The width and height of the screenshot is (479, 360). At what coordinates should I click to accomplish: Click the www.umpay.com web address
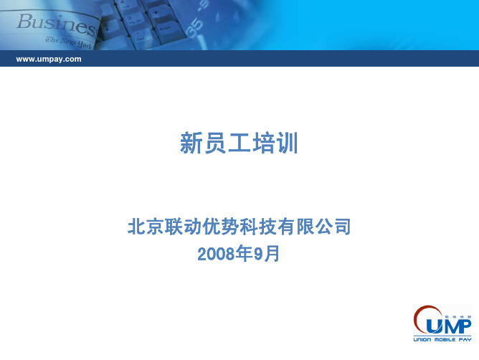[49, 59]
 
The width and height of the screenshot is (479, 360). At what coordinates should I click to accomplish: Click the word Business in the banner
[56, 24]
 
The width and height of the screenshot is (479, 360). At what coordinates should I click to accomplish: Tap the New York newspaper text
[69, 43]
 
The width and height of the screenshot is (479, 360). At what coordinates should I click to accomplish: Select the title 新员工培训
[239, 143]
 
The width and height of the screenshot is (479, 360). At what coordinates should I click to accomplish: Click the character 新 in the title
[191, 143]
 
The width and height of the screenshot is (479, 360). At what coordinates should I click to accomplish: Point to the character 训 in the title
[287, 143]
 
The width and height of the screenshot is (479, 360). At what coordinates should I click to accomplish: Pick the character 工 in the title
[239, 143]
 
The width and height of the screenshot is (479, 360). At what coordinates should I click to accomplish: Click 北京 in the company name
[146, 227]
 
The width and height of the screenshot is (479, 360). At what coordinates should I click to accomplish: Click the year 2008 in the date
[217, 254]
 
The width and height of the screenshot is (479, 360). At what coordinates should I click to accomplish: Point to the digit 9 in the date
[258, 254]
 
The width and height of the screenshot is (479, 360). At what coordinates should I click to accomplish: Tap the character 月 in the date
[272, 254]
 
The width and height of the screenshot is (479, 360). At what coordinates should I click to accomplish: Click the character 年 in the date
[245, 254]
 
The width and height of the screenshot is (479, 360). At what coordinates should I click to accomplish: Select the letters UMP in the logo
[449, 326]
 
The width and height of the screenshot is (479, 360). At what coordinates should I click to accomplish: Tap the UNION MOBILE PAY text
[442, 339]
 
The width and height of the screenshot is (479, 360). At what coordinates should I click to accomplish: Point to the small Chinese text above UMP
[457, 317]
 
